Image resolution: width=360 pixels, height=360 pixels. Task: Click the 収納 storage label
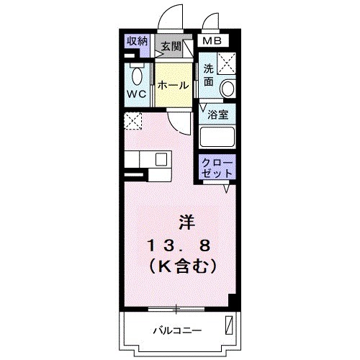[137, 42]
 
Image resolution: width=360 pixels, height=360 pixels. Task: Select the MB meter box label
[212, 41]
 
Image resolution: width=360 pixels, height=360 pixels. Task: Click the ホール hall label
[173, 85]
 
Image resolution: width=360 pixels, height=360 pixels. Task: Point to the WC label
[138, 94]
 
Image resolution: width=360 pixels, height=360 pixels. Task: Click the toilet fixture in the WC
[138, 74]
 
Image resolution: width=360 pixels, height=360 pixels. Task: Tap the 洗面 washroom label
[208, 76]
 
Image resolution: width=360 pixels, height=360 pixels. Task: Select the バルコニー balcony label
[176, 330]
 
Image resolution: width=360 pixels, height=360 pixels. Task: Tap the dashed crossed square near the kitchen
[132, 120]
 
